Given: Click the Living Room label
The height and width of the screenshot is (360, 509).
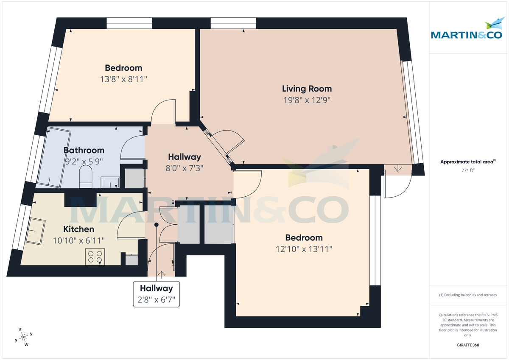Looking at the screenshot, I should pos(307,89).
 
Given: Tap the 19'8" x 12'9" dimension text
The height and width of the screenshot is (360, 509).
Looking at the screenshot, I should pos(307,100).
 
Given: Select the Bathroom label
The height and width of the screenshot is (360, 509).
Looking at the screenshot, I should pos(84,150).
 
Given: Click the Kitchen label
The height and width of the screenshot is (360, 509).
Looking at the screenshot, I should pos(78,229).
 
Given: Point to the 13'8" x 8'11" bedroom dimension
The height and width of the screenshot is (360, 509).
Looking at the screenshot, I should pos(123,79).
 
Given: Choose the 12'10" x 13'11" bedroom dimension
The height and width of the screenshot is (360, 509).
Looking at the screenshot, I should pos(304,249).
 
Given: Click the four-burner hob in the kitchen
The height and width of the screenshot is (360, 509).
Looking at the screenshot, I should pos(95,257).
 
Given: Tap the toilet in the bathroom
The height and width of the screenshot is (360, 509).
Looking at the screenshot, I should pos(86,176).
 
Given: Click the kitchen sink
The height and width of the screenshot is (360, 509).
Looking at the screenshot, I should pos(36,231).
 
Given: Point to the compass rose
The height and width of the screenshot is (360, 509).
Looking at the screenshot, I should pos(23,337).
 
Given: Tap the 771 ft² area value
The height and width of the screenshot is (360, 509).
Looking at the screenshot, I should pos(467,170).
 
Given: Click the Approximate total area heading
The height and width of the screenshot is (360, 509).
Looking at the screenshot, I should pos(467,162).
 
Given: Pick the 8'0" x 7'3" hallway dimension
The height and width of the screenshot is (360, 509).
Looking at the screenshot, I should pos(184,167).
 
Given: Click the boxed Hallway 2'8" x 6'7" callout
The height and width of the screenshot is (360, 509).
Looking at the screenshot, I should pos(157,294).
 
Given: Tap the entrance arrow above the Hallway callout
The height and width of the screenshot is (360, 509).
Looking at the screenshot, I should pos(161,275).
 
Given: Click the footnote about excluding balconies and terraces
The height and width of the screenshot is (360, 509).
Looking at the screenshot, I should pos(467,295).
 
